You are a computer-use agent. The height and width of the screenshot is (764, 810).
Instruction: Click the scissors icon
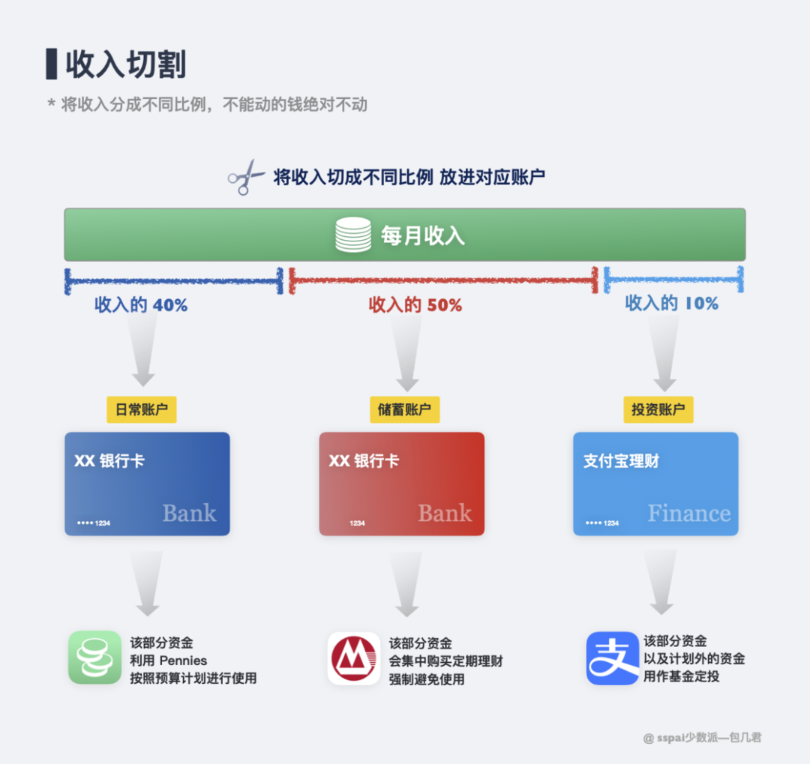tap(245, 178)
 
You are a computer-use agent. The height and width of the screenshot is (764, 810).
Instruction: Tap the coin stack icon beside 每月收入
tap(352, 235)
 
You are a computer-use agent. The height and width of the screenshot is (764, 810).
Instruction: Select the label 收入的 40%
tap(141, 305)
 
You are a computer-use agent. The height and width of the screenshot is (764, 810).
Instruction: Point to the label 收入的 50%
tap(415, 305)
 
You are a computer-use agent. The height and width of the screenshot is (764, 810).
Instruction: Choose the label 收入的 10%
tap(671, 303)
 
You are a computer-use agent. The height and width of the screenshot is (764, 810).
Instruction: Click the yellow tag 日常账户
tap(141, 410)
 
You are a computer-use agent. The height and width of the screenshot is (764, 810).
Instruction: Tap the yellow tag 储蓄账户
tap(404, 410)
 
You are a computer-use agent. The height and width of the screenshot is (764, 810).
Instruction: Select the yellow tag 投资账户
tap(658, 410)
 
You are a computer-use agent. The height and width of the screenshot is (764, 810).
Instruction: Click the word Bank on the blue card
tap(189, 514)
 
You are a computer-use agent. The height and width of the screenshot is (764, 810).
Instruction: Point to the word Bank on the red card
tap(445, 514)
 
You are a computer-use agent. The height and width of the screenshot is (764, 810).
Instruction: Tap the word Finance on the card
tap(688, 514)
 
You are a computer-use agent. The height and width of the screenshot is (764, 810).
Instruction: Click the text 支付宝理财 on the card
tap(621, 461)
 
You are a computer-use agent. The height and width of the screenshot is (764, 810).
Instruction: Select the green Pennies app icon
tap(94, 658)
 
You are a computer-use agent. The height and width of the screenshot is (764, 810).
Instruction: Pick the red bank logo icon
tap(353, 658)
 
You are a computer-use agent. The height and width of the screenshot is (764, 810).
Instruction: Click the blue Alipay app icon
tap(612, 658)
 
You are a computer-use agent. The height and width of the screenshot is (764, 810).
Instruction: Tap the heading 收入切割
tap(125, 65)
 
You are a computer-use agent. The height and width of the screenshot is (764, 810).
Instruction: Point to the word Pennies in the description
tap(183, 661)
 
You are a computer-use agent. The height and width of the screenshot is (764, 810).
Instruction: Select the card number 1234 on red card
tap(357, 523)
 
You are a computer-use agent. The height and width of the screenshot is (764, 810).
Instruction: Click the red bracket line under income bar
tap(442, 280)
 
